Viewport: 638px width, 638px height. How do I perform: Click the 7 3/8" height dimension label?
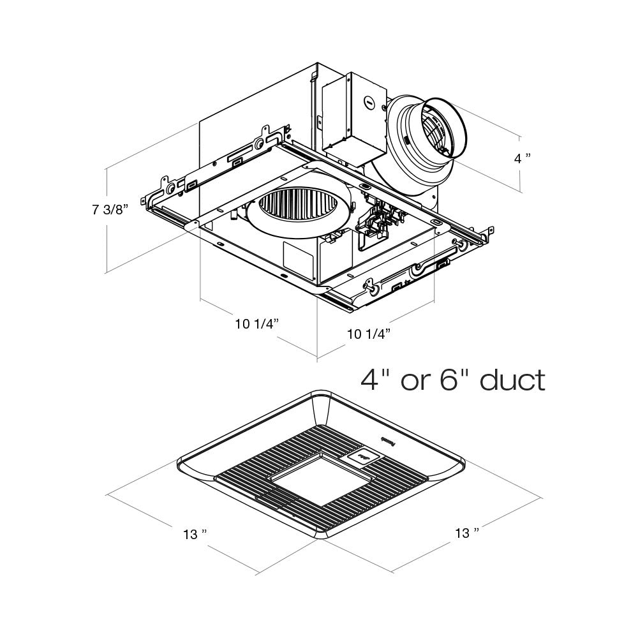coord(110,210)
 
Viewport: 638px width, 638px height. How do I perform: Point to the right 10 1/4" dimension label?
coord(368,333)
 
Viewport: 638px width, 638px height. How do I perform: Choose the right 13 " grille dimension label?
coord(466,533)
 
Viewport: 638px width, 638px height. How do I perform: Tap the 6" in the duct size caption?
coord(449,380)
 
